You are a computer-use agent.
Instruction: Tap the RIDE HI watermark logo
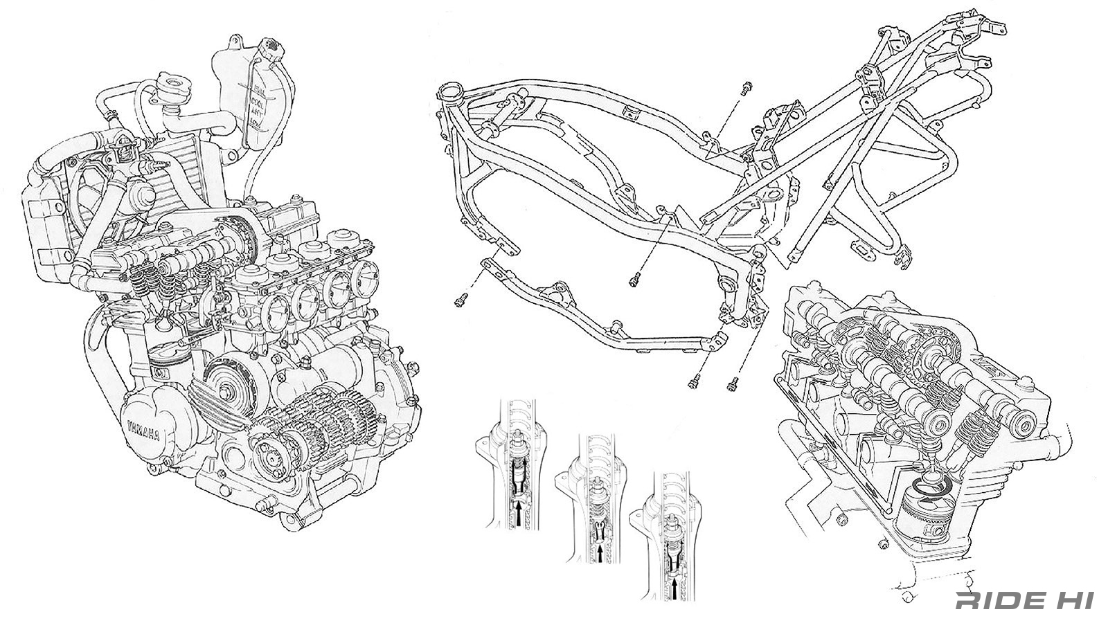(x=1024, y=600)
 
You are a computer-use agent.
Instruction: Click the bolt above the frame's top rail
(x=745, y=89)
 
